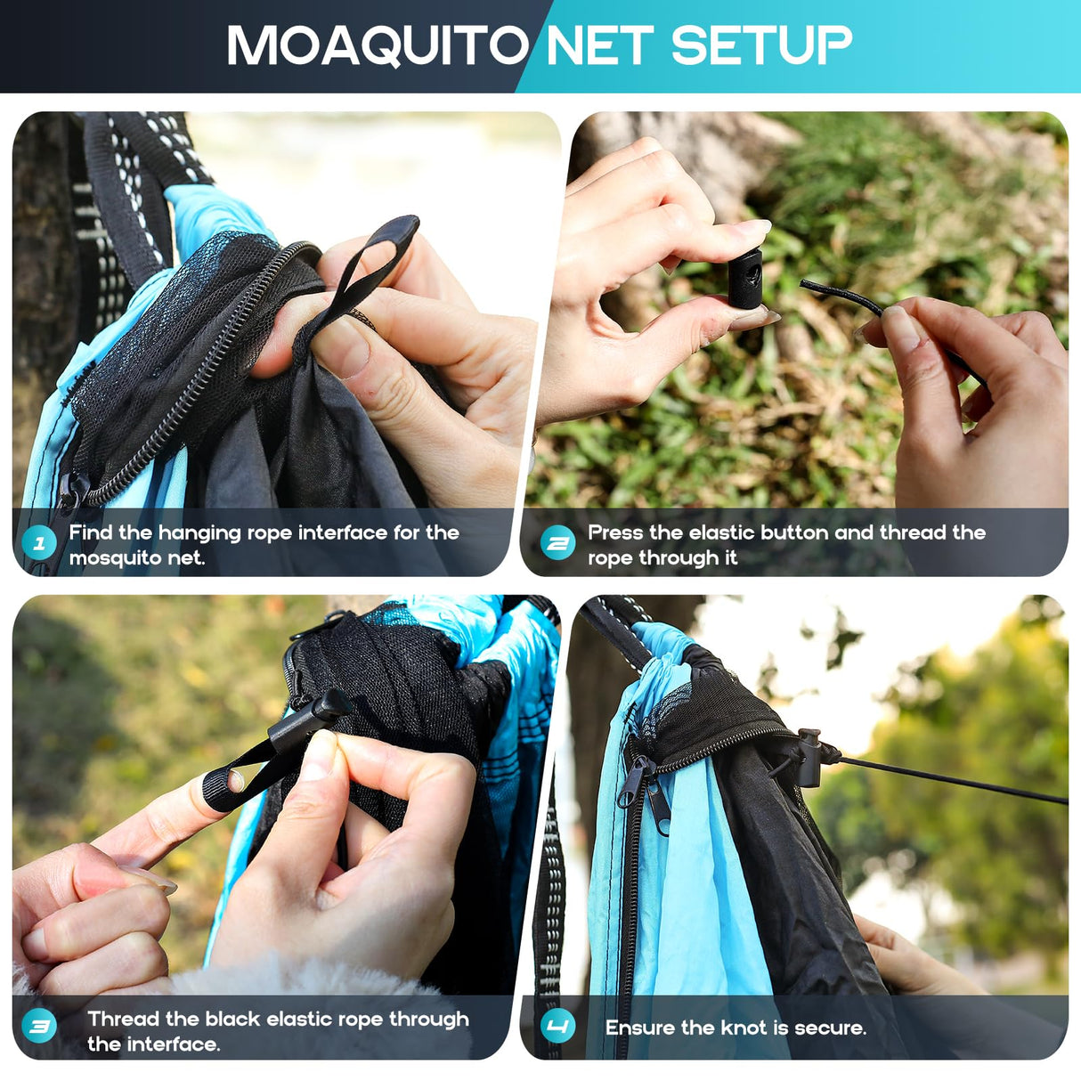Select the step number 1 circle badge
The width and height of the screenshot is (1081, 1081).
point(39,542)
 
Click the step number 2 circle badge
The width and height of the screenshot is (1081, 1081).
point(558,542)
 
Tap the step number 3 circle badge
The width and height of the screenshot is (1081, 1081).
point(39,1027)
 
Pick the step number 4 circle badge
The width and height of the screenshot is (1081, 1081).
point(558,1027)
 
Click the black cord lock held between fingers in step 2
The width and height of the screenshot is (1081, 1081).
point(745,279)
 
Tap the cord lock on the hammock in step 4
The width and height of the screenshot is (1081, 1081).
point(809,757)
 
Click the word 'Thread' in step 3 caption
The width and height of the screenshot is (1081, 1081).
point(123,1019)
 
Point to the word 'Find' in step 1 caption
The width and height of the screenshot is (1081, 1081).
point(91,532)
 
